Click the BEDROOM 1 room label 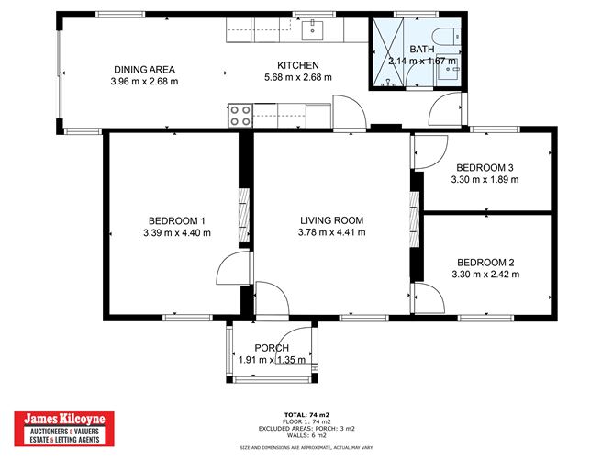(x=177, y=220)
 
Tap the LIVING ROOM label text (x=331, y=220)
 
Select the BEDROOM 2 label (x=485, y=261)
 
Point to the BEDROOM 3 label (x=485, y=167)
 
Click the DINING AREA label (x=144, y=69)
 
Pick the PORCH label (x=273, y=348)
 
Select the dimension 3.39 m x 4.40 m (x=177, y=233)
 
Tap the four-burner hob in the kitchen (x=240, y=116)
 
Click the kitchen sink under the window (x=315, y=30)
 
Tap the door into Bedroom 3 (x=428, y=152)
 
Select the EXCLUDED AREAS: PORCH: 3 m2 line (x=306, y=429)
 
